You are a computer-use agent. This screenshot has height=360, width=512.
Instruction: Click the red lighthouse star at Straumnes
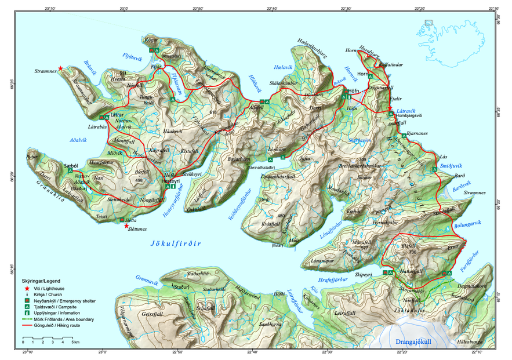point(60,68)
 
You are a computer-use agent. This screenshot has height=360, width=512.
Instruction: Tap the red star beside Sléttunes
point(127,226)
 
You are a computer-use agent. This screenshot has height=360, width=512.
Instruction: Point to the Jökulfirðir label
point(172,245)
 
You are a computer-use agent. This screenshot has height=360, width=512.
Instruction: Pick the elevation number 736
point(413,252)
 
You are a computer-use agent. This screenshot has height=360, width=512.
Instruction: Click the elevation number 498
point(139,181)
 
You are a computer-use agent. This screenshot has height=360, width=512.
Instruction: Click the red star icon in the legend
point(27,288)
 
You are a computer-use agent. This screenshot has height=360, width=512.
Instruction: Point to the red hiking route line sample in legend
point(27,326)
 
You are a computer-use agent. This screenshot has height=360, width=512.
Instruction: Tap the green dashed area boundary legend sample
point(27,319)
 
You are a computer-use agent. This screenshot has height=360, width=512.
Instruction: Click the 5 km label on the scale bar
point(75,343)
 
